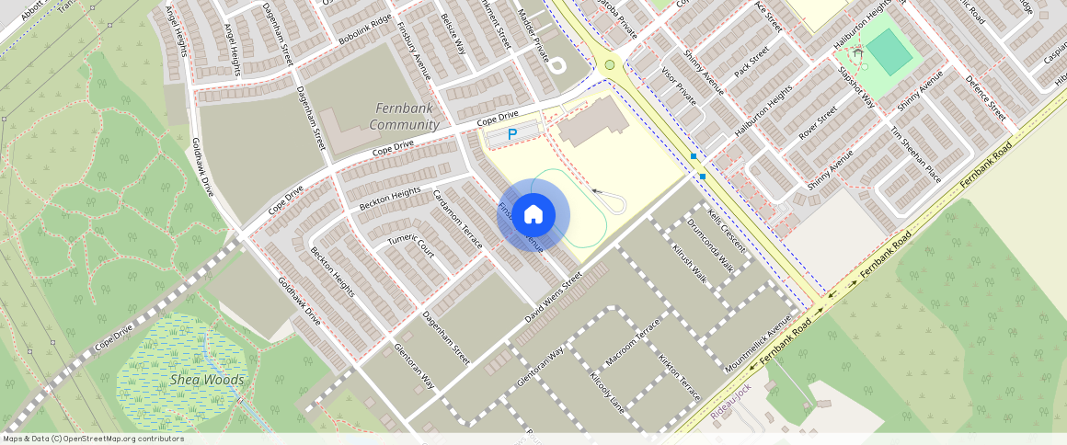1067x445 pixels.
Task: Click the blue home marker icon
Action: (x=533, y=215)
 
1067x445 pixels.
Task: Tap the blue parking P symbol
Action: (x=512, y=134)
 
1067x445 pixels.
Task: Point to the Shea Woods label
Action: (x=207, y=380)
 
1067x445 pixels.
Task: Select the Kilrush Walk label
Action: (x=689, y=264)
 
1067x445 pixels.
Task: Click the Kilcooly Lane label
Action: (x=607, y=392)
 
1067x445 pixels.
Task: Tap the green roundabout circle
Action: (x=609, y=64)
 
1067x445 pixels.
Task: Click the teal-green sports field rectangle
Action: (x=889, y=53)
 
